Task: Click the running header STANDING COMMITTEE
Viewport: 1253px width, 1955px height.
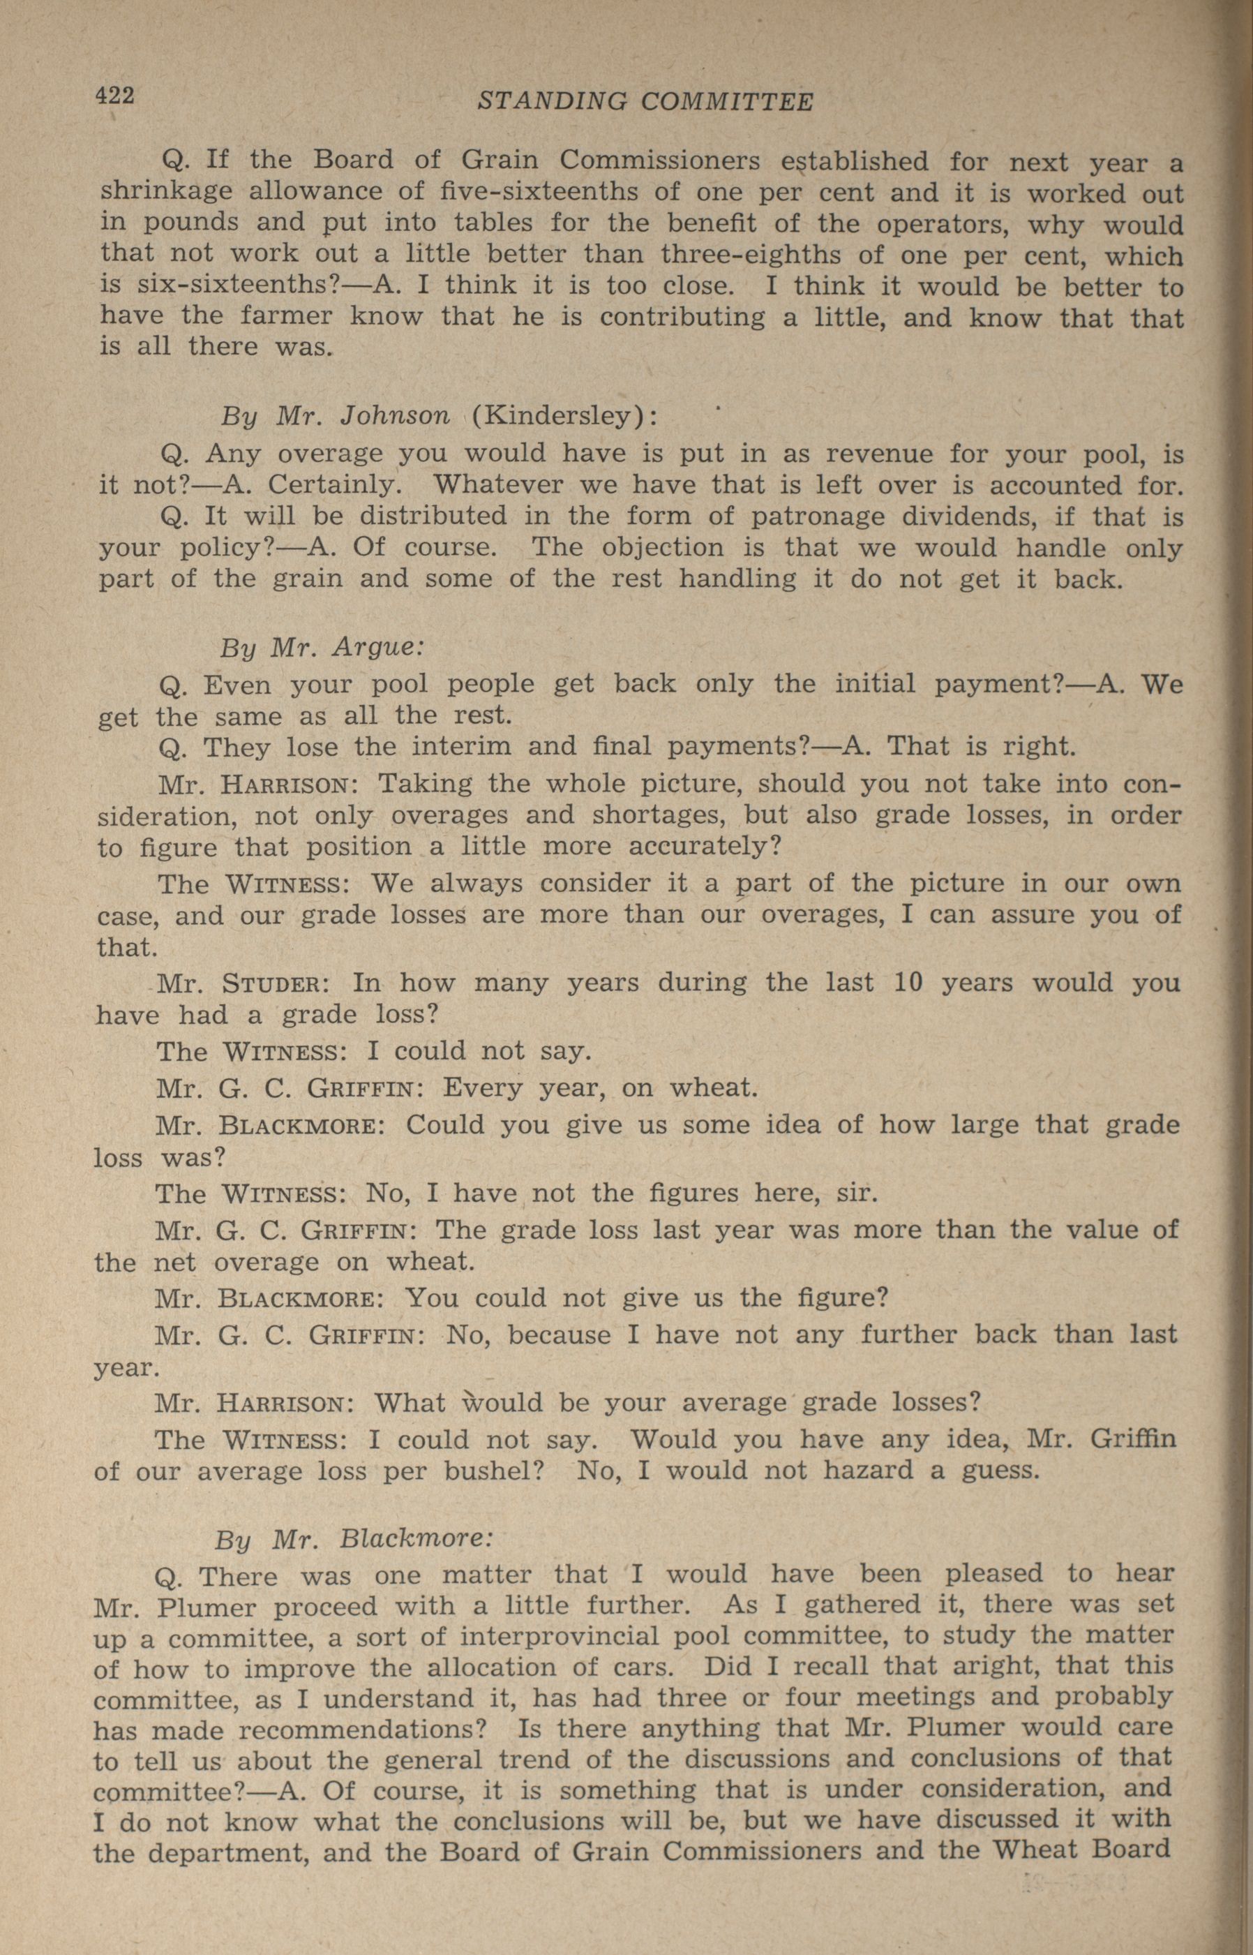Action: click(x=645, y=101)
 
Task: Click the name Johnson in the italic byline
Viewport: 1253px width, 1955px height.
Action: click(x=395, y=415)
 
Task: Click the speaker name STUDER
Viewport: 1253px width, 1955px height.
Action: click(x=275, y=983)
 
